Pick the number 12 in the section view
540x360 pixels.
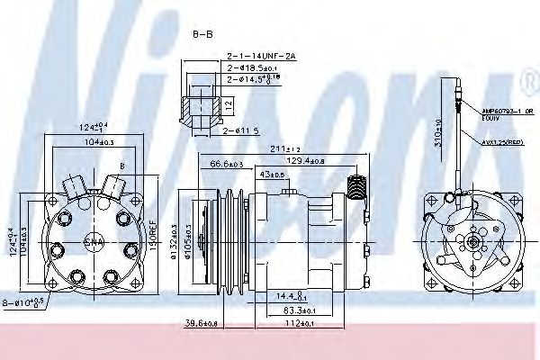229,104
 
